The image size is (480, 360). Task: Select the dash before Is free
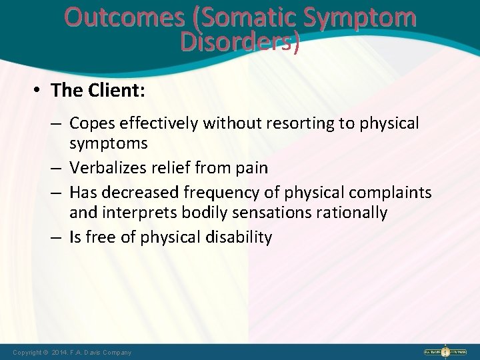tap(59, 237)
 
